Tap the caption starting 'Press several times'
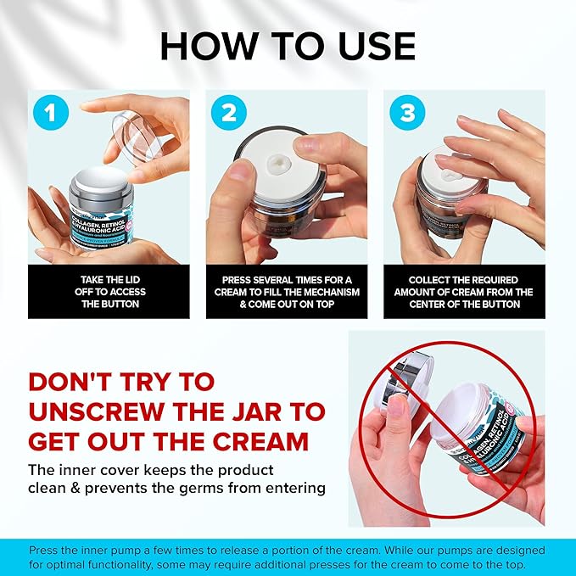click(287, 291)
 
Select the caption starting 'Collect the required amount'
click(464, 291)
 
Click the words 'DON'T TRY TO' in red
click(121, 383)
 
